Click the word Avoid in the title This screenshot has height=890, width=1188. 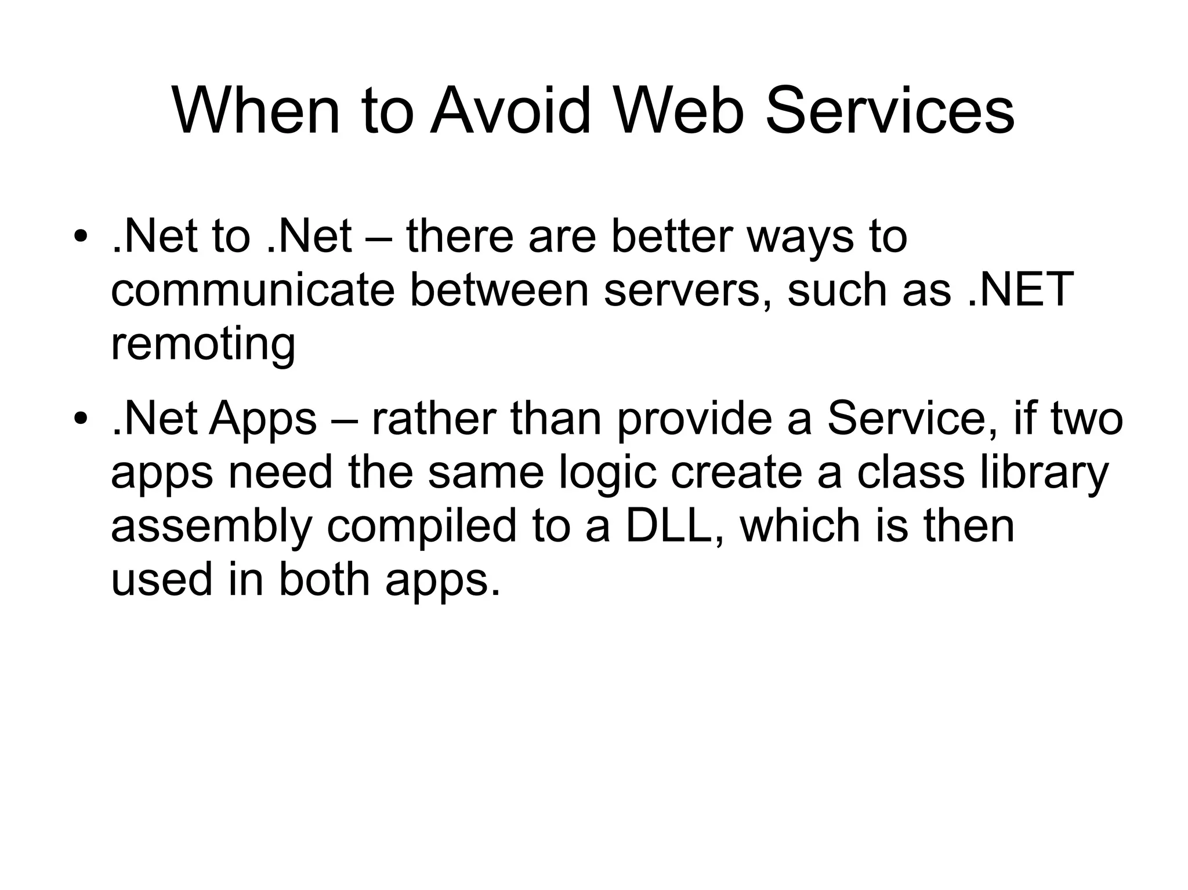[510, 110]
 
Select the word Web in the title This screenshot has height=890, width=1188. [679, 110]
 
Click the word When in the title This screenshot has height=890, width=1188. [256, 110]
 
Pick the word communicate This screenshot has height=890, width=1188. [252, 290]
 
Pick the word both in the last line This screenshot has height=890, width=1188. [324, 580]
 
